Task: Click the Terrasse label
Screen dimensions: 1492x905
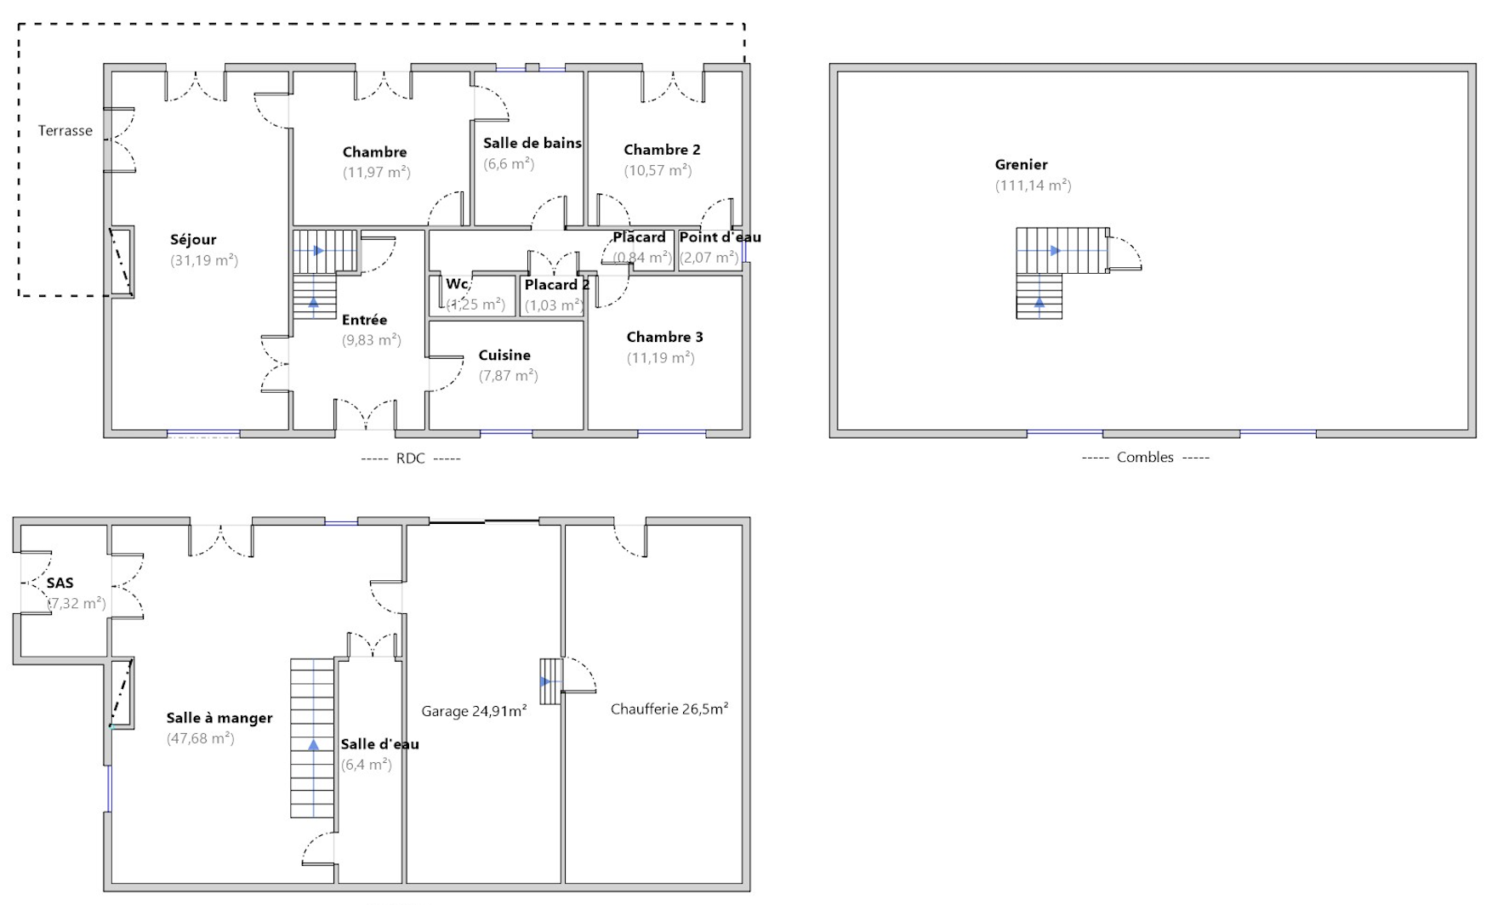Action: point(65,131)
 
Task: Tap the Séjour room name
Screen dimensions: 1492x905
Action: point(193,240)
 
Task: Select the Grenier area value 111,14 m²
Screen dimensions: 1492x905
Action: point(1034,185)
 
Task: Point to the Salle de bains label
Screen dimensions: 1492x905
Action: point(532,143)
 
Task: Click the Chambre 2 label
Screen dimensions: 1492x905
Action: point(662,150)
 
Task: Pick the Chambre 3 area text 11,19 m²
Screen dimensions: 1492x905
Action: point(661,358)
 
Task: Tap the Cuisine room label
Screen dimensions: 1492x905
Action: point(504,356)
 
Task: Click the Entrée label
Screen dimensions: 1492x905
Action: point(364,320)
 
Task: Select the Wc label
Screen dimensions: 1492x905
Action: point(457,284)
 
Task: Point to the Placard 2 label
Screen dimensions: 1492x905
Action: point(557,285)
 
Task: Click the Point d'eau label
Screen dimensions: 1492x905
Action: point(720,237)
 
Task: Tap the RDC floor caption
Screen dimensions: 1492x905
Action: point(411,458)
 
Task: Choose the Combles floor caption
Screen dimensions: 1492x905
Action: point(1146,458)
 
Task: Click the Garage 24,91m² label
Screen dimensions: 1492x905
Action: point(474,711)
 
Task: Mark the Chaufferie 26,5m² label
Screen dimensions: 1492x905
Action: point(669,709)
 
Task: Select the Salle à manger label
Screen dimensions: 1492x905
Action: point(219,718)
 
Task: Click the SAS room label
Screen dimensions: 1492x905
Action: point(60,583)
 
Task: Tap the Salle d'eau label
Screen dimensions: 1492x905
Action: point(379,744)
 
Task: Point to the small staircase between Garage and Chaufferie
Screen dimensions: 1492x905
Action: point(550,681)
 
